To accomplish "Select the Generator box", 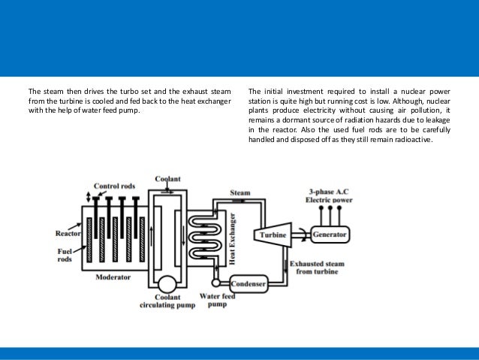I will click(330, 234).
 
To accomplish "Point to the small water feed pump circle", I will click(216, 283).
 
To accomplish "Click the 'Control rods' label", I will click(115, 186).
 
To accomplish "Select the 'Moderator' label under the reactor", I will click(113, 277).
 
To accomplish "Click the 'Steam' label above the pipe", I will click(239, 192).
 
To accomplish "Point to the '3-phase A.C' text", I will click(331, 192).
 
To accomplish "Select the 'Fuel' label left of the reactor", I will click(65, 253).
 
